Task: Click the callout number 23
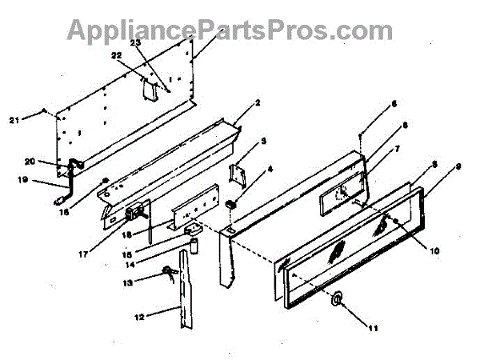pyautogui.click(x=134, y=43)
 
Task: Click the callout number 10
pyautogui.click(x=435, y=250)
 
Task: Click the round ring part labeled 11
pyautogui.click(x=339, y=299)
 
